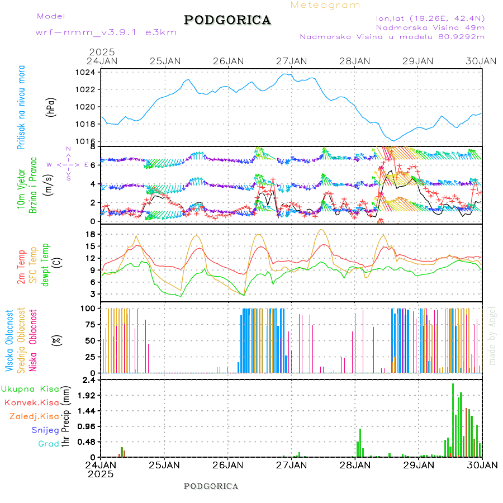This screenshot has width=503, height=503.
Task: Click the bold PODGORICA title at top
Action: point(227,20)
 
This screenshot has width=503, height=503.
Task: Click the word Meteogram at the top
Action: point(325,5)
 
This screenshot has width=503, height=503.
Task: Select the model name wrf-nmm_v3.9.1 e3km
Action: point(106,32)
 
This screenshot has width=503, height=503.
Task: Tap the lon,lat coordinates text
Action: point(430,17)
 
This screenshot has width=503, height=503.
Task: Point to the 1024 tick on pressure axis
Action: point(86,72)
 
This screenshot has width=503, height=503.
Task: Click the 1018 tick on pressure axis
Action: point(86,124)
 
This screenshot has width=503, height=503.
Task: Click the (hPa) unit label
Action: point(51,106)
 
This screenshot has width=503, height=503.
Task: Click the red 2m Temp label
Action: point(21,267)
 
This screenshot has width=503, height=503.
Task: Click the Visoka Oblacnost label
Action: point(10,341)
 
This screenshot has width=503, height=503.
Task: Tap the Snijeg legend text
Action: point(49,430)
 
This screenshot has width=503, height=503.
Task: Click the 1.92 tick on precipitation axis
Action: point(86,395)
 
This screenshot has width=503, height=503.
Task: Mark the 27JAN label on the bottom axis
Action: point(291,464)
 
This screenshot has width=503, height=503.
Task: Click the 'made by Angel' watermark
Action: point(492,335)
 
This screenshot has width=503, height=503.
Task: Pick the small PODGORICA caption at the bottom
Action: point(211,486)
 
